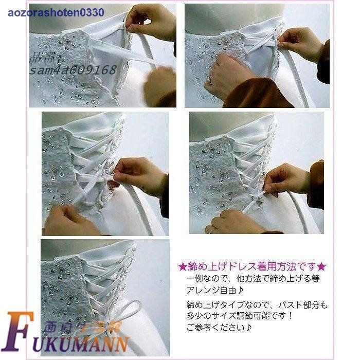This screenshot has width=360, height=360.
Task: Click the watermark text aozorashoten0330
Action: coord(56,12)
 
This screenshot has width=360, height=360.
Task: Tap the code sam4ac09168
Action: coord(73,70)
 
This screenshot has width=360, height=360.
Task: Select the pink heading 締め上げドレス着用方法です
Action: coord(252,267)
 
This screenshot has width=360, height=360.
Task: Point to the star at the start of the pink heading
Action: coord(182,267)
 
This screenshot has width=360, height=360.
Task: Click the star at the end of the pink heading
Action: coord(322,267)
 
